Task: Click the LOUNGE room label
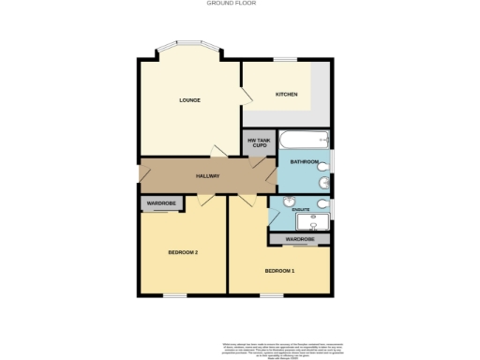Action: pyautogui.click(x=190, y=100)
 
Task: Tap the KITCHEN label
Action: pyautogui.click(x=286, y=95)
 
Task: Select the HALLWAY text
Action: pyautogui.click(x=207, y=176)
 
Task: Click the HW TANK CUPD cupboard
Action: pyautogui.click(x=259, y=142)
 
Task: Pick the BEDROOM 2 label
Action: pyautogui.click(x=183, y=252)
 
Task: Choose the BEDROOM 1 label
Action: pyautogui.click(x=279, y=271)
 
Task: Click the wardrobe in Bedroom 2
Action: pyautogui.click(x=161, y=203)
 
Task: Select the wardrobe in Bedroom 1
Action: pyautogui.click(x=300, y=240)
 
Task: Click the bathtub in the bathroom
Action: pyautogui.click(x=304, y=140)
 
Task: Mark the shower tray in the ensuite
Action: pyautogui.click(x=311, y=222)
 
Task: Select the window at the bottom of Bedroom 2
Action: pyautogui.click(x=174, y=296)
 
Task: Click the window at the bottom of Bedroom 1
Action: pyautogui.click(x=273, y=296)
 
